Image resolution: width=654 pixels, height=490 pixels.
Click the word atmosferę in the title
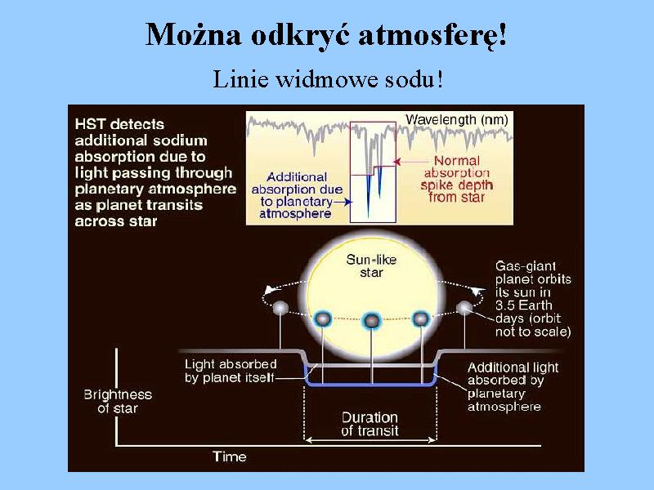tap(432, 35)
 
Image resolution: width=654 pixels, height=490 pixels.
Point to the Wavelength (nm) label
tap(457, 120)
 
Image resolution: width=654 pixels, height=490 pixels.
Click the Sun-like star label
tap(371, 266)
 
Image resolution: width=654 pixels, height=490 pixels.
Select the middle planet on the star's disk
tap(371, 321)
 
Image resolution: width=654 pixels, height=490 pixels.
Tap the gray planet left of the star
tap(280, 309)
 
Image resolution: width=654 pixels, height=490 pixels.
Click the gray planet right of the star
tap(464, 309)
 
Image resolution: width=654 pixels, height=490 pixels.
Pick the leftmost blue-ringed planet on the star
tap(322, 319)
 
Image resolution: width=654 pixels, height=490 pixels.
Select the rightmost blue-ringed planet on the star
tap(420, 318)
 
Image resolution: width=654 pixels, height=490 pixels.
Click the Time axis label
tap(230, 457)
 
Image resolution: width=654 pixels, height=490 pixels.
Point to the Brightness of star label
tap(118, 401)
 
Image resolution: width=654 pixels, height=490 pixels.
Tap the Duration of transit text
tap(370, 424)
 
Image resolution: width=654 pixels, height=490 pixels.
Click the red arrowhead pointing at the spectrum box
tap(397, 161)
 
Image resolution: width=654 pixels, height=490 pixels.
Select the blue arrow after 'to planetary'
tap(343, 202)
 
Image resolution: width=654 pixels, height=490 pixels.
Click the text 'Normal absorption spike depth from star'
tap(457, 179)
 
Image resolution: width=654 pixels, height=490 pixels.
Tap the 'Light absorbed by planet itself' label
tap(231, 371)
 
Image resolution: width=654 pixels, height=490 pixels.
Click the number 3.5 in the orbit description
tap(505, 305)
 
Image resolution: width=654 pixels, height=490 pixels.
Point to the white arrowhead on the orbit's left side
tap(270, 290)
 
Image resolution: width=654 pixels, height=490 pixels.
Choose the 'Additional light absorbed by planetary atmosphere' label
tap(513, 387)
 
